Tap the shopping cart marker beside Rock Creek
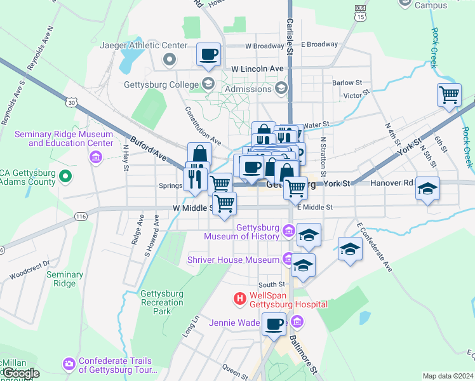point(449,95)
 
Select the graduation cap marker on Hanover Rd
point(428,189)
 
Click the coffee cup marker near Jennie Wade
point(274,324)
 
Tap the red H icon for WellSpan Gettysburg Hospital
point(240,298)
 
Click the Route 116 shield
point(81,217)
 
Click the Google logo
point(20,373)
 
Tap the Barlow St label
point(347,83)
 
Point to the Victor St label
point(352,95)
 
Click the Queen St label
point(234,368)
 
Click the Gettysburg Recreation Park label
point(162,302)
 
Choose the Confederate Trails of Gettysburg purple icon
point(69,364)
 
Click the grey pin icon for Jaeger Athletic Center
point(170,60)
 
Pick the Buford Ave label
point(148,148)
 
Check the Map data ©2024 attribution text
point(447,376)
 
